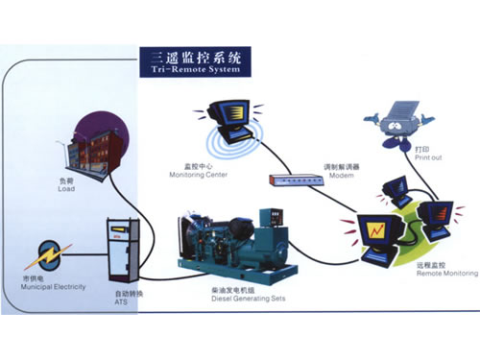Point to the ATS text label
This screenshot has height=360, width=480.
120,299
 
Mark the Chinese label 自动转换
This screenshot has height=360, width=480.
126,290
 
